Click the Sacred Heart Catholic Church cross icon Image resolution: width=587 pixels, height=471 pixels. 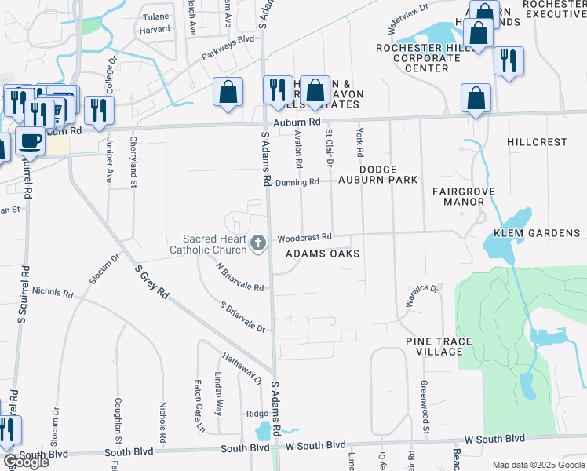click(257, 244)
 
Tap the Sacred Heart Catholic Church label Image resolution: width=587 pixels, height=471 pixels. click(208, 244)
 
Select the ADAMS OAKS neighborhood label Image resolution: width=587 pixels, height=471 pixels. click(323, 254)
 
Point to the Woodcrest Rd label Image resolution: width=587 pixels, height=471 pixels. click(305, 236)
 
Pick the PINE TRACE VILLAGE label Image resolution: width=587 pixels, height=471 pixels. click(435, 346)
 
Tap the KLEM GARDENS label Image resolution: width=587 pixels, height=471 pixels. click(537, 233)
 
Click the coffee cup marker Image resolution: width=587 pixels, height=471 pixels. click(30, 142)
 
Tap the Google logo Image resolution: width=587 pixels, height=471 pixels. click(25, 462)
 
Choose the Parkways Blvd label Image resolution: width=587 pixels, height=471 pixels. click(228, 48)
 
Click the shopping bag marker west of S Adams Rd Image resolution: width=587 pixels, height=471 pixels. click(228, 92)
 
